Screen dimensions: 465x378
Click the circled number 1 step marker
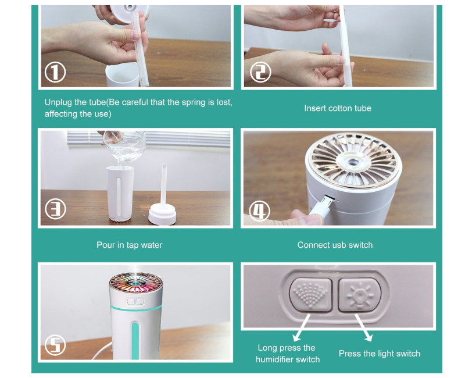55,72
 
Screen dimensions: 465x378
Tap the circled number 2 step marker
260,72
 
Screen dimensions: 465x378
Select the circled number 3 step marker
55,209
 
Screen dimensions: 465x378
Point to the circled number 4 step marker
260,211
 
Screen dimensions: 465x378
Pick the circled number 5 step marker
55,345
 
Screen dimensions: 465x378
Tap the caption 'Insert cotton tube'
338,108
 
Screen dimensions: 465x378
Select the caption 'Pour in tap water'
129,245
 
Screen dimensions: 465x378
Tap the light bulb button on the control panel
359,295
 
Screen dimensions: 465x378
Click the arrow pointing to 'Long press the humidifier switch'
302,328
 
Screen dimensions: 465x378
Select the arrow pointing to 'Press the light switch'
364,327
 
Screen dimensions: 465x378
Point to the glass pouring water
124,146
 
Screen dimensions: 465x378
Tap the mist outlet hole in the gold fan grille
352,162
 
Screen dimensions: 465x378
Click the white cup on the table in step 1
122,74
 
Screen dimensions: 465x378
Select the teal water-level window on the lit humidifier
135,340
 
